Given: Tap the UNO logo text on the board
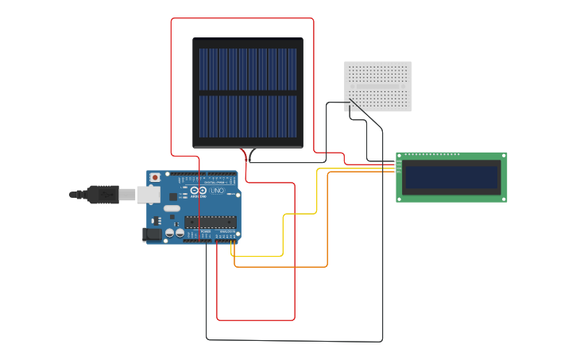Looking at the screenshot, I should pyautogui.click(x=218, y=192).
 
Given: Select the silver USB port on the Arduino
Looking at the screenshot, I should pyautogui.click(x=148, y=194).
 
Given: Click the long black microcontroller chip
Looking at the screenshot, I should pyautogui.click(x=210, y=222).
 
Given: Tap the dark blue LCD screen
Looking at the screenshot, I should pyautogui.click(x=451, y=177).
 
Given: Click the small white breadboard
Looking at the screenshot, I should pyautogui.click(x=378, y=86).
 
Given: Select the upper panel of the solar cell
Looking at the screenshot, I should pyautogui.click(x=247, y=69).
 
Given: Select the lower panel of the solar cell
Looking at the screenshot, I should pyautogui.click(x=247, y=118).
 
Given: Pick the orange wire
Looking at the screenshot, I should pyautogui.click(x=327, y=230).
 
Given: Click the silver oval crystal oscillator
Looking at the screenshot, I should pyautogui.click(x=172, y=209).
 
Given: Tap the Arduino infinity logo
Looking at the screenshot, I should pyautogui.click(x=196, y=192).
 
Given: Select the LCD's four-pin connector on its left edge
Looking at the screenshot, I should pyautogui.click(x=398, y=165).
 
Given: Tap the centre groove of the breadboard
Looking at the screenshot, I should pyautogui.click(x=378, y=86).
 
